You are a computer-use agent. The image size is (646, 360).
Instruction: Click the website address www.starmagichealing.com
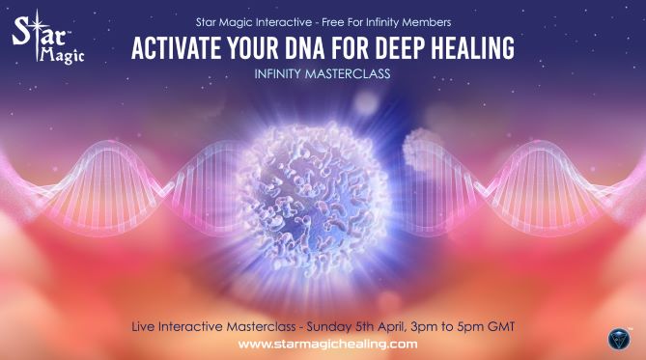[326, 344]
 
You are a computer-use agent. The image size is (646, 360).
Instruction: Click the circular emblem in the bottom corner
[617, 339]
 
